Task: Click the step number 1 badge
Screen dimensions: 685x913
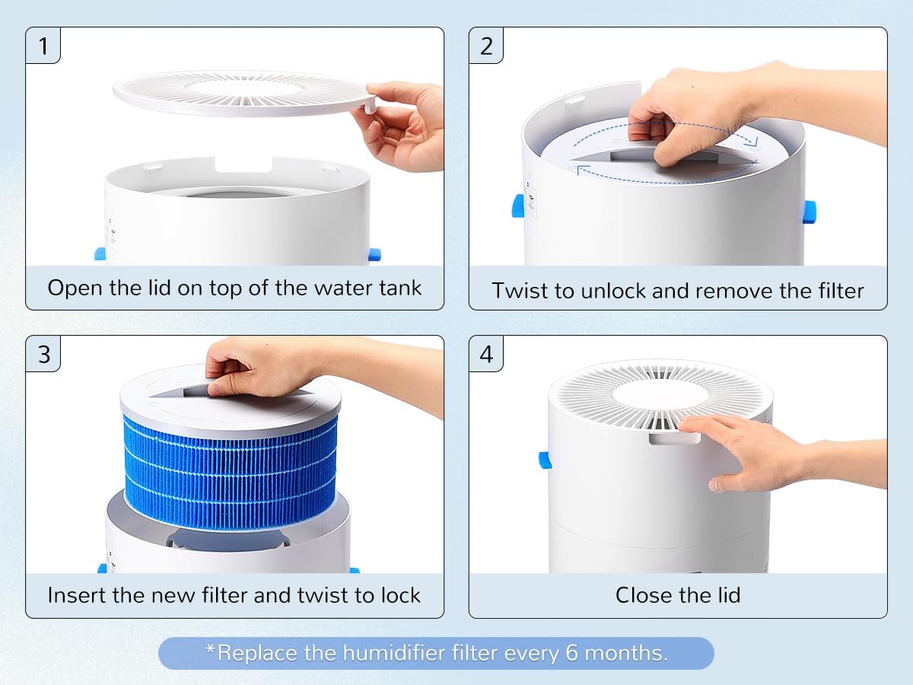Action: pos(43,46)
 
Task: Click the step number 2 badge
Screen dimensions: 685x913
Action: pos(487,46)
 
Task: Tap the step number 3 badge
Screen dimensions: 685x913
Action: pos(43,354)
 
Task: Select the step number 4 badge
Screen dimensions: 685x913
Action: pos(487,354)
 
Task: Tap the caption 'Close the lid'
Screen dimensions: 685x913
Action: pos(677,594)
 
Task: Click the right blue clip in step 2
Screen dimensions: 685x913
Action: pos(809,211)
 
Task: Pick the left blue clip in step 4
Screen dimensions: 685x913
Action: pos(544,460)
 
